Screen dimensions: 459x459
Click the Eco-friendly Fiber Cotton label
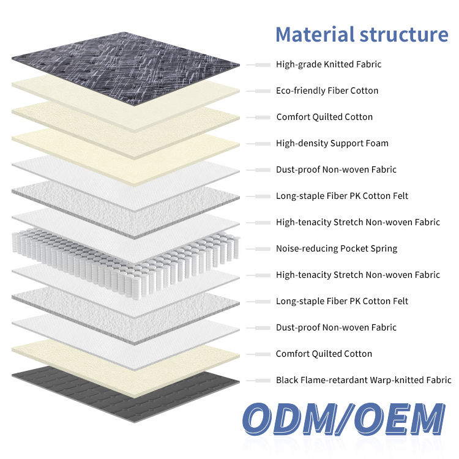pos(327,91)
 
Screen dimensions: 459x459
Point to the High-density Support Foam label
pos(332,143)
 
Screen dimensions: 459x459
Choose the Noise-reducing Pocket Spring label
pos(337,248)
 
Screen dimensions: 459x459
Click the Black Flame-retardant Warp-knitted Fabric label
pos(364,380)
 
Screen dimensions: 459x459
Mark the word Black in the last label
pos(288,380)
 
